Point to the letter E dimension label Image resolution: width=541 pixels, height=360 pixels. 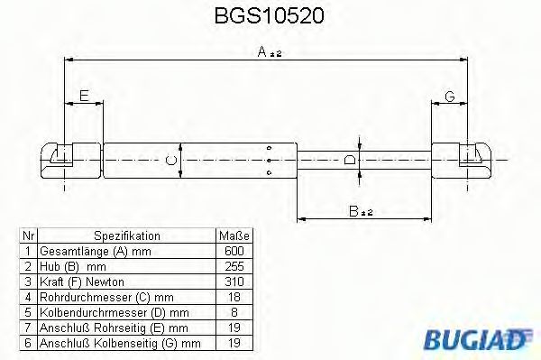pos(84,96)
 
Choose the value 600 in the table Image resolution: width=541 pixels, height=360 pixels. pos(233,250)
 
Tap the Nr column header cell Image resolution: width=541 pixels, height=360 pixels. pos(28,235)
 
